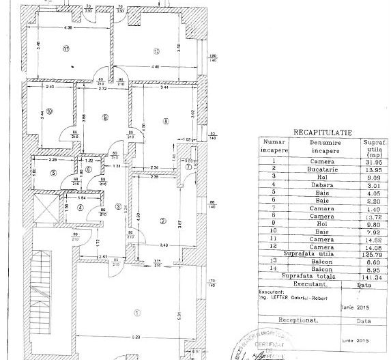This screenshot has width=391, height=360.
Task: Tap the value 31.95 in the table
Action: (x=371, y=161)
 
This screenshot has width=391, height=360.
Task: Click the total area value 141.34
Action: (x=371, y=278)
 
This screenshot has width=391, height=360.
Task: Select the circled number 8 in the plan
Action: (x=165, y=121)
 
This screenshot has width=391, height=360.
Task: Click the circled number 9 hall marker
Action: (x=104, y=117)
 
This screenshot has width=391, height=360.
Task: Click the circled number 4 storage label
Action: (x=80, y=208)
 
